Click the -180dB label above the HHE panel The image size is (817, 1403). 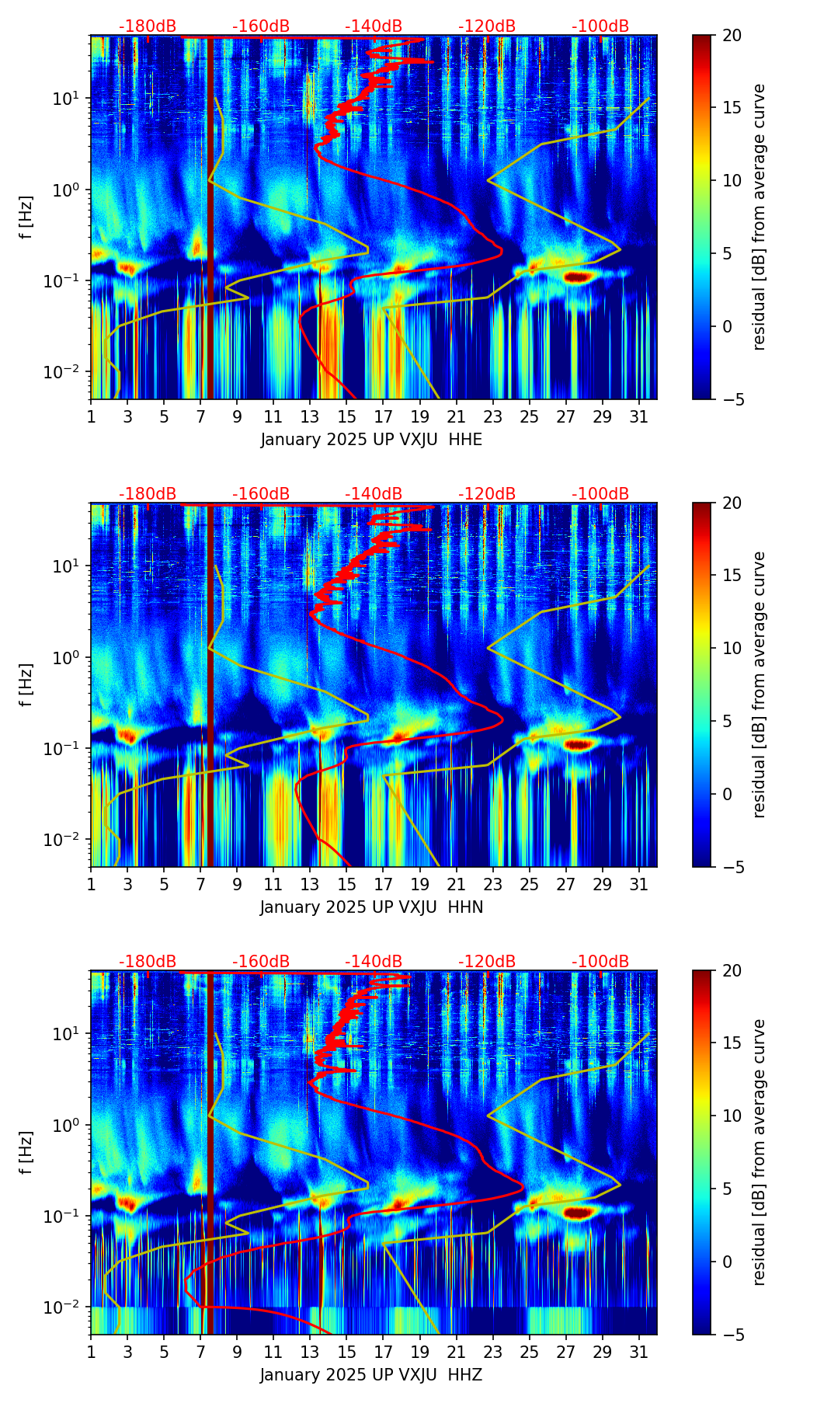click(x=148, y=26)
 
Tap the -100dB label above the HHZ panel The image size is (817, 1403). click(x=600, y=962)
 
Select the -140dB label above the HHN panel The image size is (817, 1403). click(x=374, y=494)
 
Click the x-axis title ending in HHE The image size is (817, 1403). click(x=371, y=440)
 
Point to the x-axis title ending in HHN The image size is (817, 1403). click(x=371, y=907)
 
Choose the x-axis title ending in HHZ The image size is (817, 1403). click(x=371, y=1375)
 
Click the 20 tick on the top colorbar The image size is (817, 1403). click(x=732, y=35)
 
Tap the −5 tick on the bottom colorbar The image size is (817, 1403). click(x=732, y=1335)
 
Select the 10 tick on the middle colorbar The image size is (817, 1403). click(x=732, y=648)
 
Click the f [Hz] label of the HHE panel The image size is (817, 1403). click(x=27, y=217)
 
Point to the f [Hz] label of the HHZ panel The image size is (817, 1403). click(x=27, y=1152)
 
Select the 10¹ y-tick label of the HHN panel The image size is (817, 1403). click(x=70, y=566)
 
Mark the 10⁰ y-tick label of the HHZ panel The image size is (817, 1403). click(x=70, y=1125)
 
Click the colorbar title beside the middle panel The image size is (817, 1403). click(x=760, y=684)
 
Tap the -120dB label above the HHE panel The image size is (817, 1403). click(x=487, y=26)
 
